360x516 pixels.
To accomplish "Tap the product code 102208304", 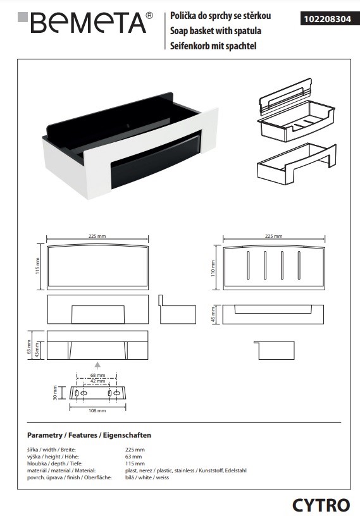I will (x=325, y=19).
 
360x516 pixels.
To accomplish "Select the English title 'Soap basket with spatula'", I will (x=212, y=31).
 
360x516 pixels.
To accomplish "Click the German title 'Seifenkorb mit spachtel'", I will (x=210, y=46).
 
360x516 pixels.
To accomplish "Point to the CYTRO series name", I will (x=321, y=505).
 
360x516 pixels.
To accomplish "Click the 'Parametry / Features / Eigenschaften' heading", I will (x=89, y=436).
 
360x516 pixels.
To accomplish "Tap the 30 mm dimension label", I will (x=55, y=394).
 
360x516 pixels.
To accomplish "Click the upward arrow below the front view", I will (x=97, y=364).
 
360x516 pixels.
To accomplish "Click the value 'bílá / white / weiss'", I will (x=147, y=477).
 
